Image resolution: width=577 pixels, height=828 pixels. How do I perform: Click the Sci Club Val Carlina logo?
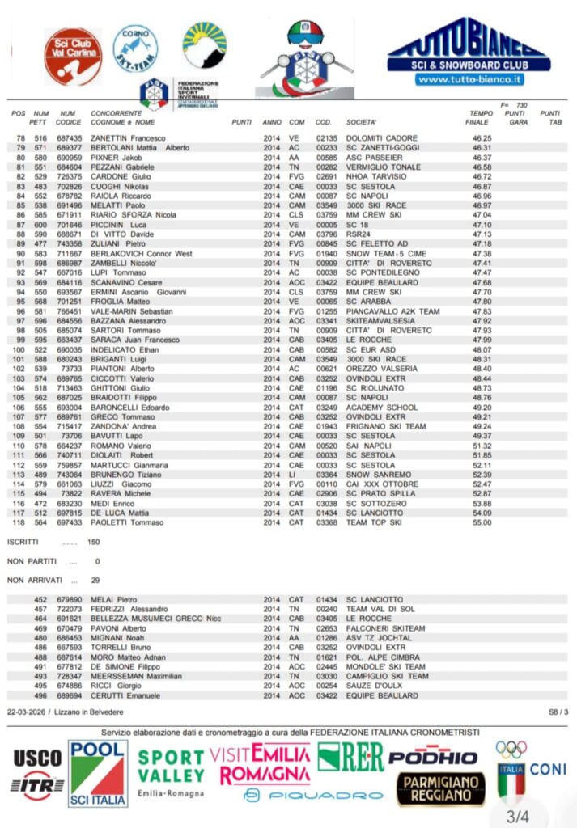[72, 57]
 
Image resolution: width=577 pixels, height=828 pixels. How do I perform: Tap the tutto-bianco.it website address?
[469, 79]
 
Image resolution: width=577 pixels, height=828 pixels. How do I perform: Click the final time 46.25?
[482, 138]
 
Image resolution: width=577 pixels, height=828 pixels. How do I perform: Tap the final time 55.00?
[482, 522]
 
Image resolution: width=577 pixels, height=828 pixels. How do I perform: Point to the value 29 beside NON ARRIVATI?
[95, 580]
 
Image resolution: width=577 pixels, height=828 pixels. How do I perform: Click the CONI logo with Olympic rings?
[530, 769]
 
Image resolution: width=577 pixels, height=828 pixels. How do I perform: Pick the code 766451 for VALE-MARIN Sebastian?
[69, 311]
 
